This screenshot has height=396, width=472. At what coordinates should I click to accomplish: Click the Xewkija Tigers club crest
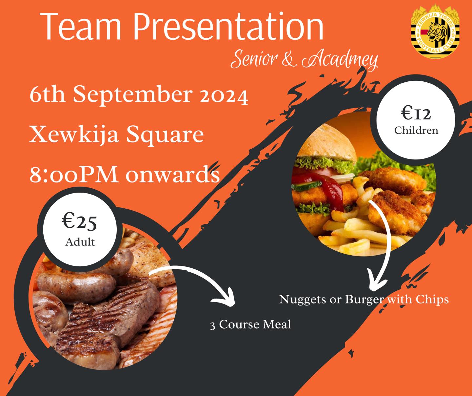pos(435,31)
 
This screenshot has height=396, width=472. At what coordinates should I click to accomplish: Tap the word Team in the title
pos(81,27)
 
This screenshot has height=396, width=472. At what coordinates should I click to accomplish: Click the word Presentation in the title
pos(228,26)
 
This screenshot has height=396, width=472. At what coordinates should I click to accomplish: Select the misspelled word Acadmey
pos(340,60)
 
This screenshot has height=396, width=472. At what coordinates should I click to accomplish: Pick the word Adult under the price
pos(80,242)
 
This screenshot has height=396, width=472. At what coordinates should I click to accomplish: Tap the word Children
pos(416,130)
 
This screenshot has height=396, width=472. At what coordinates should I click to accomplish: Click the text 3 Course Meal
pos(250,324)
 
